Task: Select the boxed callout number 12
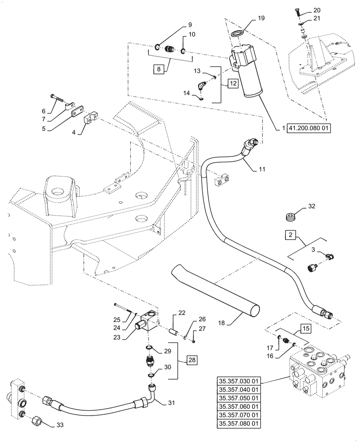(x=234, y=83)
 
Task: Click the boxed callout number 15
(x=307, y=329)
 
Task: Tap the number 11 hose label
(x=262, y=169)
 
